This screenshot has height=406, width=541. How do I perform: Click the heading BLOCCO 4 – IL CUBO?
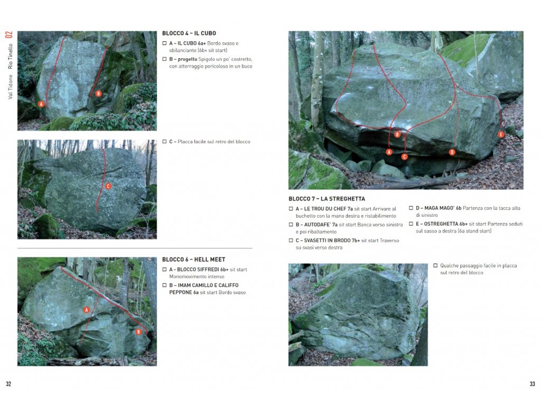pos(189,33)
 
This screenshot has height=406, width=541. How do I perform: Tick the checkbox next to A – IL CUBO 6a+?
pos(165,43)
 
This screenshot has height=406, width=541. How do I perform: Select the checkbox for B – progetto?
pos(165,59)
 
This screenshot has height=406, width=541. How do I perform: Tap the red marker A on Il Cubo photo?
pos(41,104)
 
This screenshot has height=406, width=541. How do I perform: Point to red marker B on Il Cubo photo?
pos(98,94)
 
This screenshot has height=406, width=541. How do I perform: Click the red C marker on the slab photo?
pos(108,187)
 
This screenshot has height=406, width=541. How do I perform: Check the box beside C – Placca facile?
pos(165,142)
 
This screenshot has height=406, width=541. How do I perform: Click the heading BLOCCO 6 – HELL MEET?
pos(193,260)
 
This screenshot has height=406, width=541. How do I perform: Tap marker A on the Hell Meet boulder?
pos(87,310)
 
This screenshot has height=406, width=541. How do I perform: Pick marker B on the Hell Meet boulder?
pos(138,332)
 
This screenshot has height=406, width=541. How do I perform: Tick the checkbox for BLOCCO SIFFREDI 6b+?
pos(165,270)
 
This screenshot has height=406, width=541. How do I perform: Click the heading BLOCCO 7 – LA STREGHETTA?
pos(327,199)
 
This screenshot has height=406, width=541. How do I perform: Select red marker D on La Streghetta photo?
pos(452,152)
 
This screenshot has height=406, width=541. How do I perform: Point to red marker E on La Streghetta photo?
pos(501,135)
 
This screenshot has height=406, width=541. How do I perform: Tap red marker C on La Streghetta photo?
pos(404,156)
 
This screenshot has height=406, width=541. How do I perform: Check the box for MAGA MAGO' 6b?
pos(411,208)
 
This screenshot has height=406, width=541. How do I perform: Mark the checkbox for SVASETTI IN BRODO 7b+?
pos(291,241)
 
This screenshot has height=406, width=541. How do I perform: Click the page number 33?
pos(533,384)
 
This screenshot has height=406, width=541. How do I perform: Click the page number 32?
pos(8,384)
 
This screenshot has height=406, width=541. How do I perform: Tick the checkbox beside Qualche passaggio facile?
pos(435,266)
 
